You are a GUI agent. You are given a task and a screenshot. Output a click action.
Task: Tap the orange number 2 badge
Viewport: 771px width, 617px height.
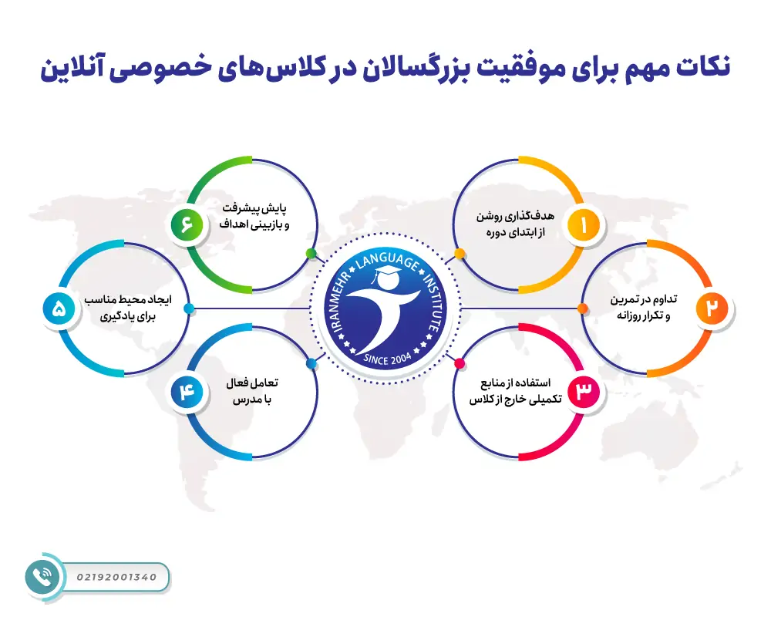click(712, 307)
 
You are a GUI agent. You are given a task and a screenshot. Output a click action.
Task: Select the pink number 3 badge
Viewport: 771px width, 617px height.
click(583, 391)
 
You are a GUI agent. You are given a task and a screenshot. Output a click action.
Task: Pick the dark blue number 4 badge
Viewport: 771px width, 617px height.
click(187, 391)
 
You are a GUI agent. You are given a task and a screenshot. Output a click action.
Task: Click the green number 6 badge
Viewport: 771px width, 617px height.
click(187, 225)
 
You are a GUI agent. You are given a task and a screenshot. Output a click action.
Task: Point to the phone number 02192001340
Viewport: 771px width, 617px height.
click(117, 576)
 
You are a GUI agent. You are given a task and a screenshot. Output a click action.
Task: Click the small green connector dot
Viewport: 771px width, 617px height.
click(311, 253)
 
